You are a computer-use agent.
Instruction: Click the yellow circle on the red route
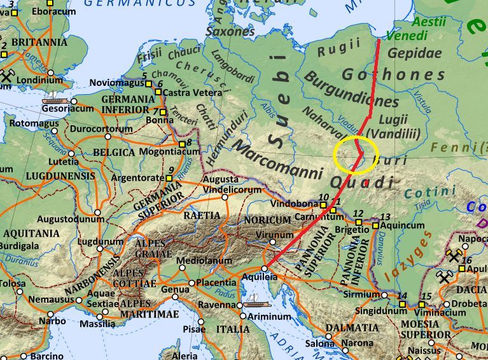(356, 155)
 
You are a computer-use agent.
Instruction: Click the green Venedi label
(407, 36)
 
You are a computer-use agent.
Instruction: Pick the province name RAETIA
(202, 216)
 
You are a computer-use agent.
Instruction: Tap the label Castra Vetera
(188, 93)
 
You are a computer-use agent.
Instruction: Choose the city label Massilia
(97, 324)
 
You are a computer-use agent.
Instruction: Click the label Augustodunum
(67, 219)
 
